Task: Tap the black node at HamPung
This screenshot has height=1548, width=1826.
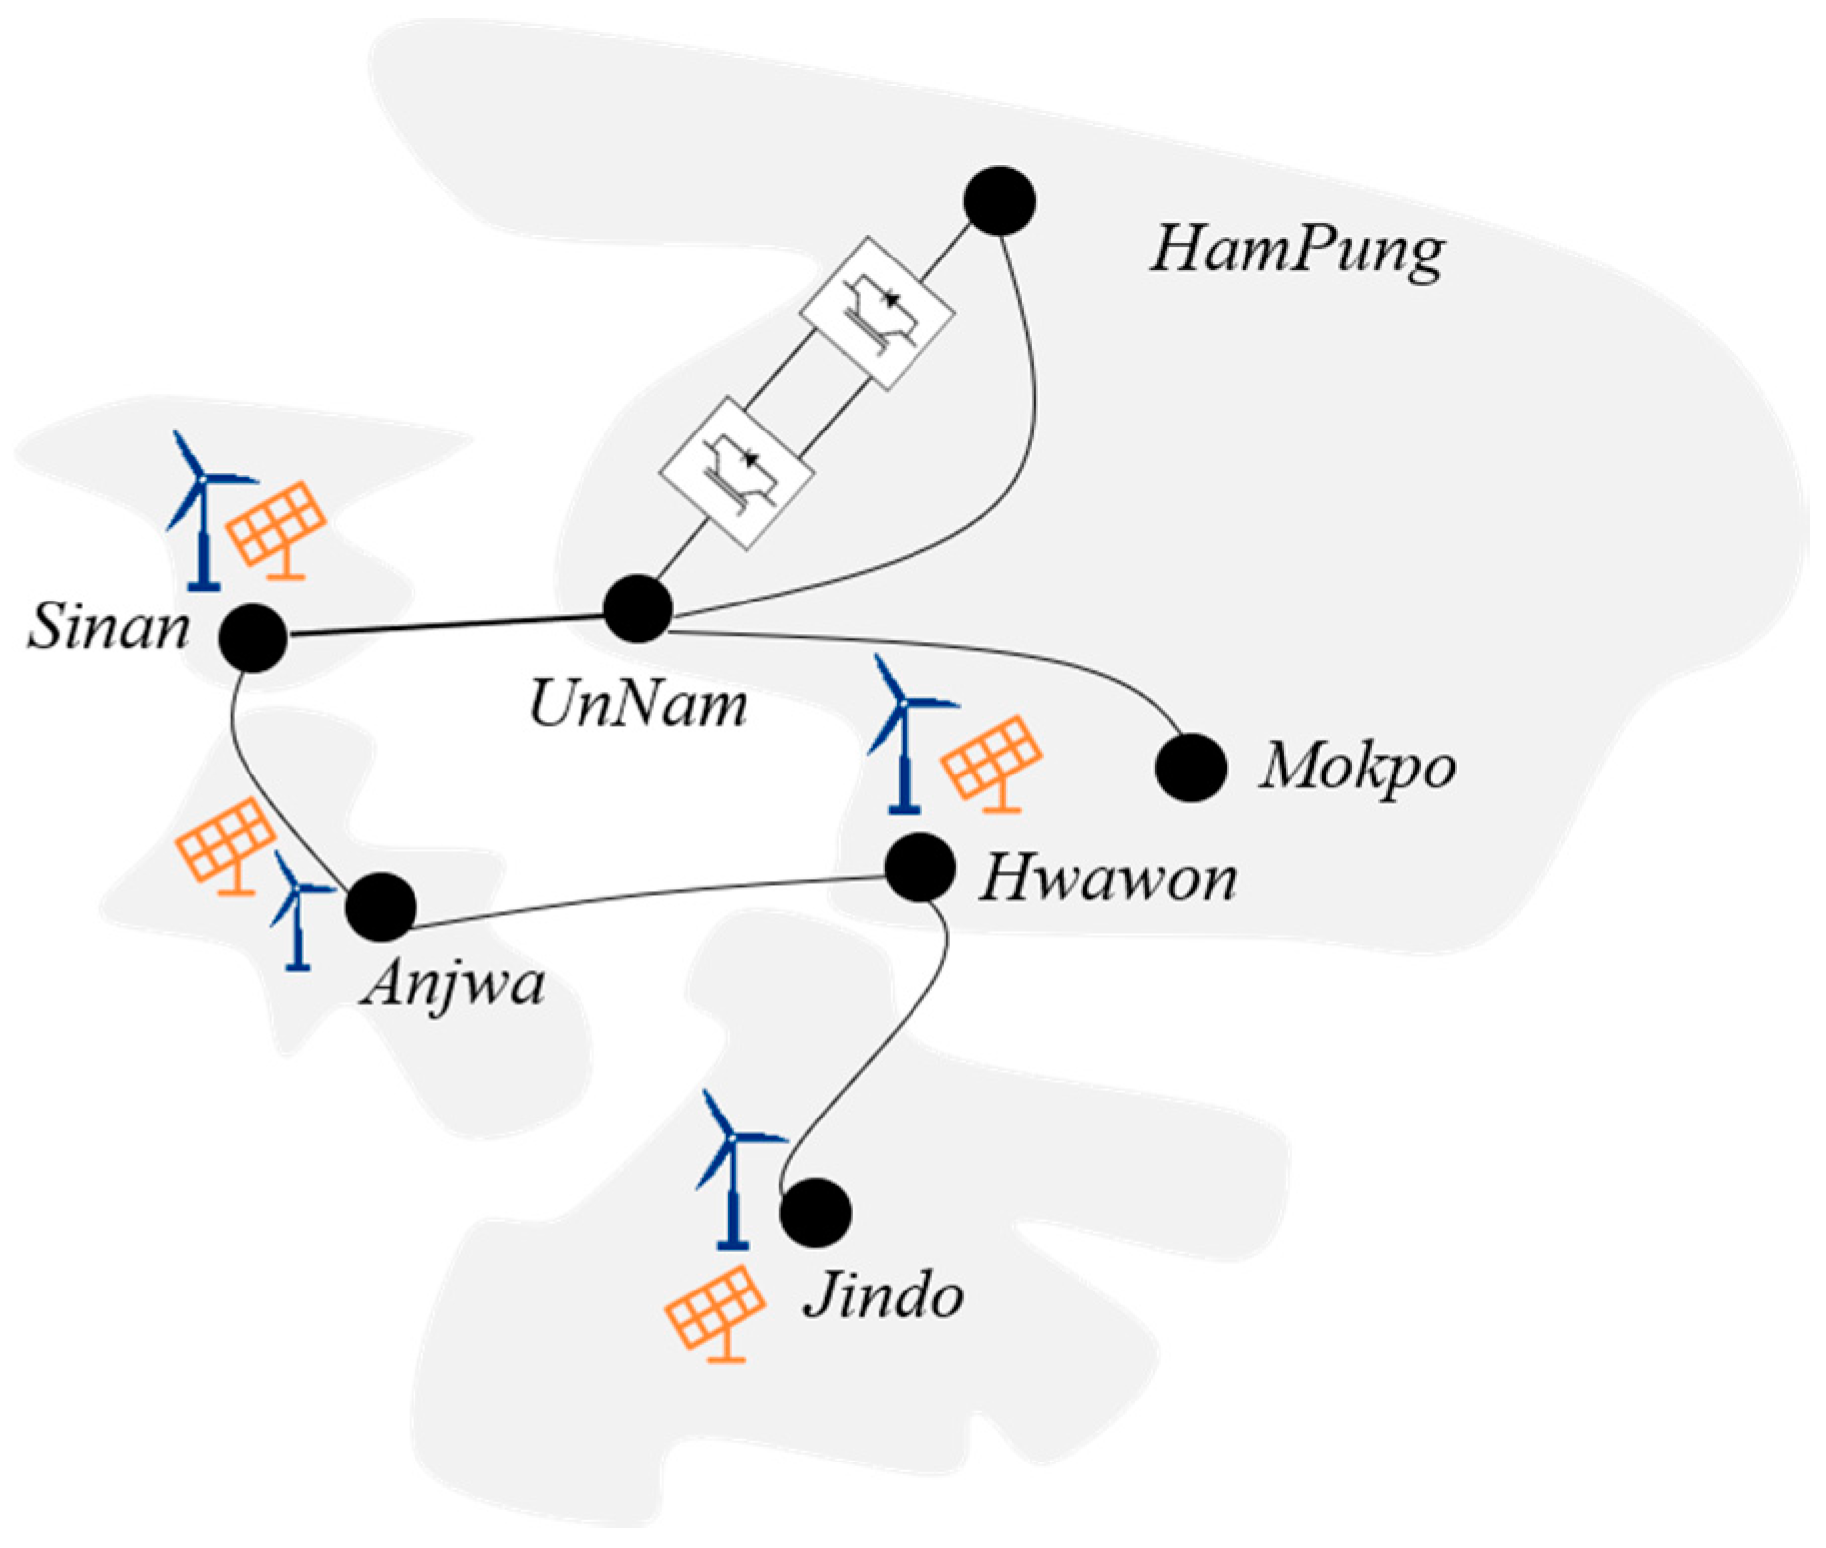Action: click(1000, 201)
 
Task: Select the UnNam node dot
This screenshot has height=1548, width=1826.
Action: click(638, 608)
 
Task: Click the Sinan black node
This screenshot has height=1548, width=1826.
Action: click(253, 637)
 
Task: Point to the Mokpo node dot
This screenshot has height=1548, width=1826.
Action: click(1191, 768)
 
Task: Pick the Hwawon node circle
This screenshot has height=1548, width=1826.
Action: click(920, 868)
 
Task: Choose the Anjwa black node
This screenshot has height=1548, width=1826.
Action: click(381, 907)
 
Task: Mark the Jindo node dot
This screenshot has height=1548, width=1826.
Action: click(815, 1213)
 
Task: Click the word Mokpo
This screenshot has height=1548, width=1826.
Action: click(1358, 768)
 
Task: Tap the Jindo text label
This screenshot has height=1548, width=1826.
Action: click(884, 1296)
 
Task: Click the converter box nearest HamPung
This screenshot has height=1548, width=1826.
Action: click(878, 311)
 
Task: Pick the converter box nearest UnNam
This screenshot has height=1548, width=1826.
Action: click(737, 472)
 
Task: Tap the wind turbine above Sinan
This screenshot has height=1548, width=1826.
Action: click(204, 507)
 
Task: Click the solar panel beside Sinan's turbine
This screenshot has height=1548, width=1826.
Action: click(277, 527)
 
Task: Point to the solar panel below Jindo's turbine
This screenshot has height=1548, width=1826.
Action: click(716, 1310)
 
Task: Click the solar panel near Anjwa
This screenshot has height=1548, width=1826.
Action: click(227, 845)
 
